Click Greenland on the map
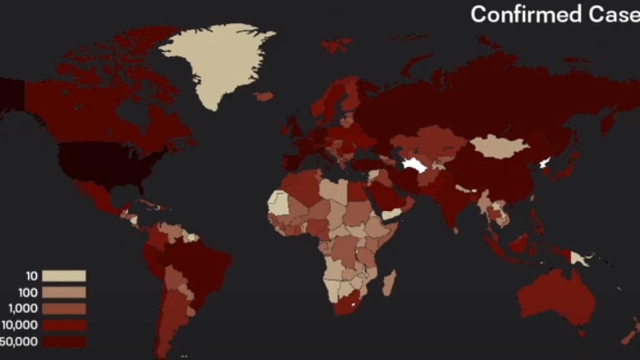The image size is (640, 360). click(219, 59)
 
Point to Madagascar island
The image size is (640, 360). click(390, 283)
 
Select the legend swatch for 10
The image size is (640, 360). click(64, 276)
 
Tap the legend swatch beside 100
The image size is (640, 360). click(64, 292)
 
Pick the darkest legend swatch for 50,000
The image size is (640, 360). click(64, 341)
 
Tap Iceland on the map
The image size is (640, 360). click(264, 97)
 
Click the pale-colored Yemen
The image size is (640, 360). click(393, 214)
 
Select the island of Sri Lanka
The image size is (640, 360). click(457, 231)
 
